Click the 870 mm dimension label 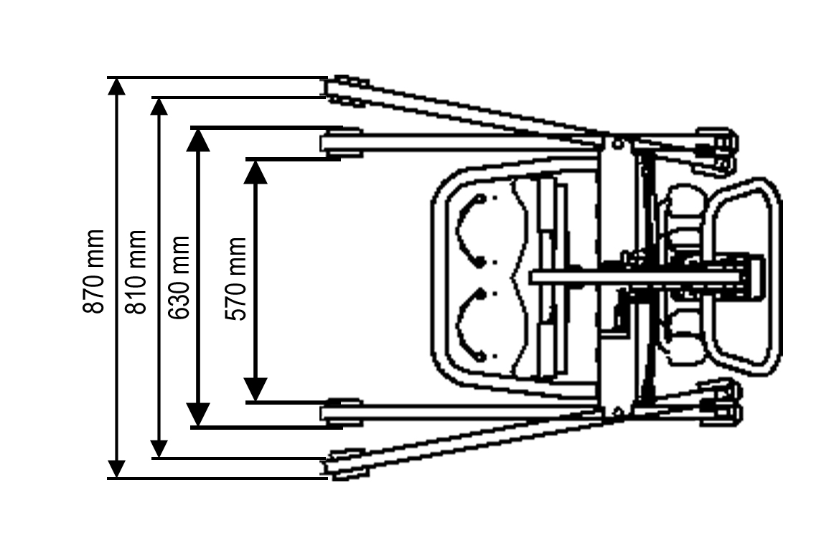pos(94,271)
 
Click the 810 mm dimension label pos(136,271)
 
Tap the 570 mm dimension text pos(236,278)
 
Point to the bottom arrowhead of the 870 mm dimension pos(116,469)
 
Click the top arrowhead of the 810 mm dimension pos(159,106)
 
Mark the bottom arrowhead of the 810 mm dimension pos(159,449)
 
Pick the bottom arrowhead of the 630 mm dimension pos(197,415)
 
